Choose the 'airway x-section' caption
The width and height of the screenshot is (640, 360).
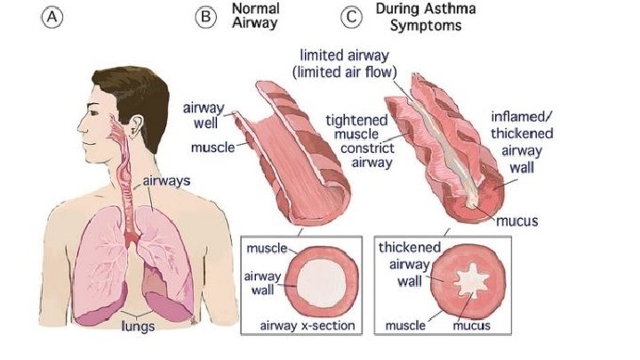point(308,325)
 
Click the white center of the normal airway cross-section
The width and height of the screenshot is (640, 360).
point(308,278)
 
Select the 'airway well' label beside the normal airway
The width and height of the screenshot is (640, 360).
point(203,114)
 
